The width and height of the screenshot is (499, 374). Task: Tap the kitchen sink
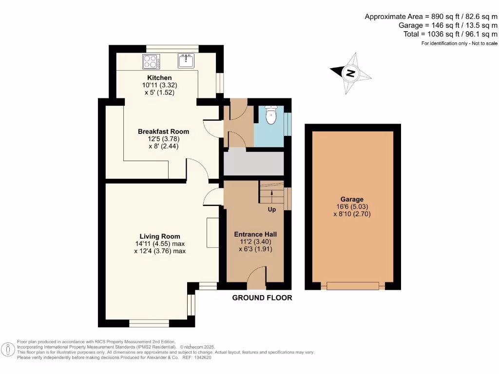click(186, 61)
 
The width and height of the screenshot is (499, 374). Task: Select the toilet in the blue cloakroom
click(271, 115)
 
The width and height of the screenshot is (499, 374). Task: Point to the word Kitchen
click(159, 78)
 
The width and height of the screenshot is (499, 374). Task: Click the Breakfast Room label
click(163, 131)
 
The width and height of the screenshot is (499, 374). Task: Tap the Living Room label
click(160, 236)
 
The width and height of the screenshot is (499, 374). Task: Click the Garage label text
click(352, 199)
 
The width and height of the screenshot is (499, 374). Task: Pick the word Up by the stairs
click(272, 209)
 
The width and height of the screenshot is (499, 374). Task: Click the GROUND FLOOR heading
click(262, 298)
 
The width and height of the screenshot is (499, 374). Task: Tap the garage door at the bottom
click(353, 286)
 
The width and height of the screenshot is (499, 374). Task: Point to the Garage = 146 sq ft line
click(448, 25)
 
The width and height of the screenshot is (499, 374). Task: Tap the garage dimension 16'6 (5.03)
click(352, 206)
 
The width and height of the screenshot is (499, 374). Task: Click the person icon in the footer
click(9, 350)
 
